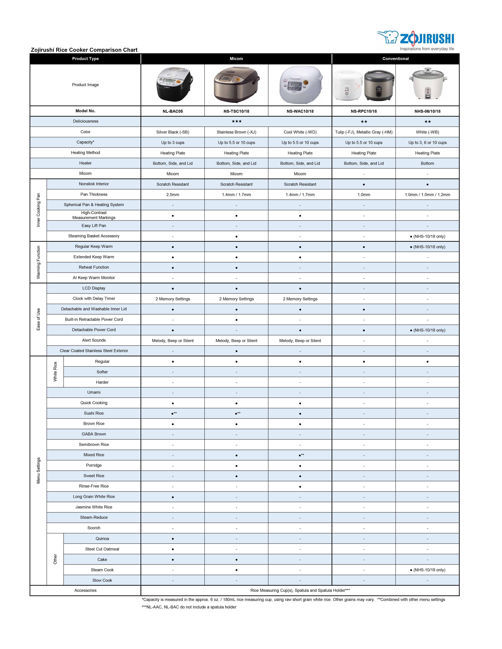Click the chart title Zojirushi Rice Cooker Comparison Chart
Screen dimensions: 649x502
pyautogui.click(x=84, y=50)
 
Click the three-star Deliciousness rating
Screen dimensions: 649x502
pyautogui.click(x=236, y=121)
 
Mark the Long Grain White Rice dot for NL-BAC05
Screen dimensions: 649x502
pyautogui.click(x=173, y=497)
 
